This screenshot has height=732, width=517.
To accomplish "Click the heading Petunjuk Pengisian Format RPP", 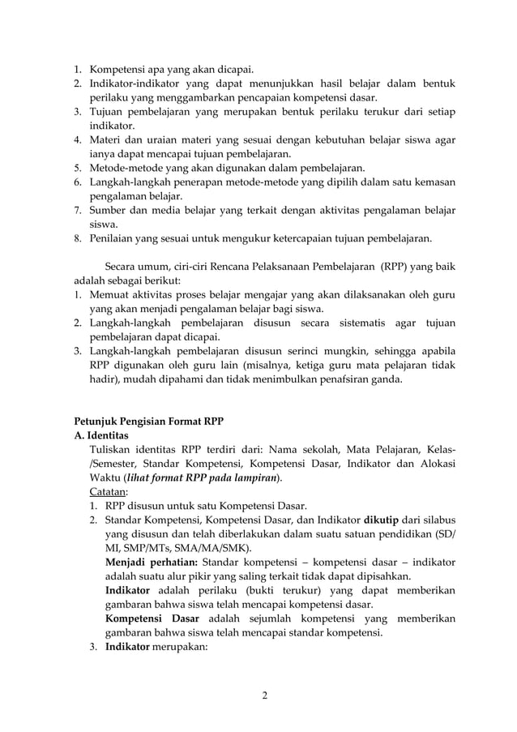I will point(148,421).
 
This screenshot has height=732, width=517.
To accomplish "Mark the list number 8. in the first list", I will point(79,239).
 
